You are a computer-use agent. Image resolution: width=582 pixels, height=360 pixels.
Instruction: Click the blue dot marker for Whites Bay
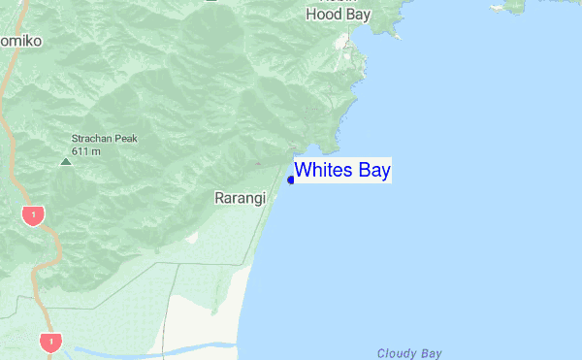click(291, 180)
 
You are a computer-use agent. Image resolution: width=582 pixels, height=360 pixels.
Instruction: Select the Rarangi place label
click(239, 198)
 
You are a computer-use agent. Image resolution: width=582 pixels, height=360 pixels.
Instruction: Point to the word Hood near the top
click(323, 15)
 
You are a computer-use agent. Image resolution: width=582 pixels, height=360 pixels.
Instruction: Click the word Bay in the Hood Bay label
click(359, 15)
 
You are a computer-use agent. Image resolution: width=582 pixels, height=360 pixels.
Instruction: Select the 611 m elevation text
click(86, 151)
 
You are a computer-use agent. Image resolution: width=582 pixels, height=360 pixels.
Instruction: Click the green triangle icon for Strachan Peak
click(66, 161)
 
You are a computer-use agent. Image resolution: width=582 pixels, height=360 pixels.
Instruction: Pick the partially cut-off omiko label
click(18, 42)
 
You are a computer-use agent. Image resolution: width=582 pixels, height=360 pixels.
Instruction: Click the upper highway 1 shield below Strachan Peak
click(34, 214)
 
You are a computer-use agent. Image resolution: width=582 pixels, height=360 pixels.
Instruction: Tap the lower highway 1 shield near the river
click(49, 342)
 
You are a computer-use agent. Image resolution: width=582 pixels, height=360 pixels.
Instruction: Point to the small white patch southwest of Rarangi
click(191, 237)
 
